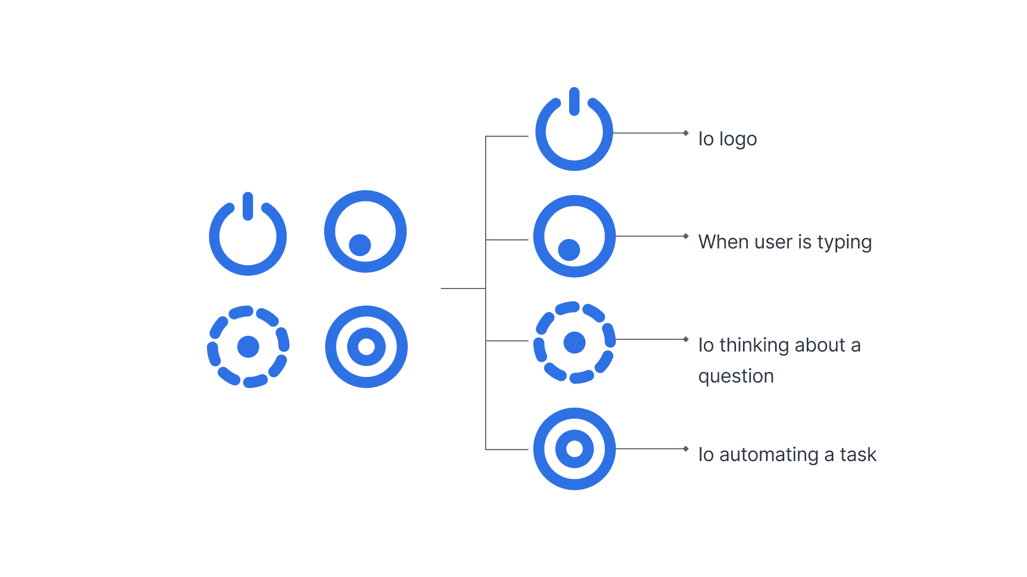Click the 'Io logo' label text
click(x=727, y=139)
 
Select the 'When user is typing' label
click(x=785, y=242)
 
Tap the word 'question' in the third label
click(x=736, y=376)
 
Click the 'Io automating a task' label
click(x=787, y=455)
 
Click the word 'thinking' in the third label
click(x=754, y=345)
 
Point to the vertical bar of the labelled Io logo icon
click(x=574, y=102)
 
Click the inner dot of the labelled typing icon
click(x=569, y=249)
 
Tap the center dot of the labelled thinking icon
click(x=574, y=342)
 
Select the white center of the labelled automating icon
click(x=574, y=449)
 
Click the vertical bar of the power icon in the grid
click(x=248, y=206)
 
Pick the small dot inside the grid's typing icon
click(x=360, y=245)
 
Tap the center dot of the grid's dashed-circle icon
click(x=248, y=347)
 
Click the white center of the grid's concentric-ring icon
click(x=366, y=347)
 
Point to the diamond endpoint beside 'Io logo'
click(x=686, y=133)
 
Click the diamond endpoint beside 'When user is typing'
click(x=686, y=236)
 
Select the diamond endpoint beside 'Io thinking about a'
click(x=686, y=339)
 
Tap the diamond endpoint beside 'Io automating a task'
click(x=686, y=449)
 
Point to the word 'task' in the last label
click(x=858, y=455)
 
